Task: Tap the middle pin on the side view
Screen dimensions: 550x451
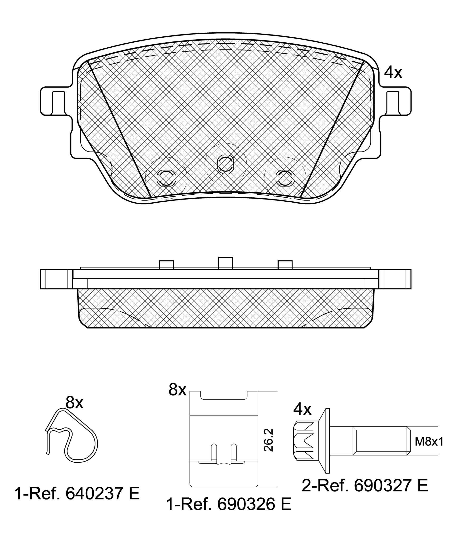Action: pos(225,263)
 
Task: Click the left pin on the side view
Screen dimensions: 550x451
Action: pos(166,265)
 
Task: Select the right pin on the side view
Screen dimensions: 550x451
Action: pos(285,265)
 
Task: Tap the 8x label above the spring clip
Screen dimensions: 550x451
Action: pos(74,403)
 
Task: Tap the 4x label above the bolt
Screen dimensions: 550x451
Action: pos(302,409)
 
